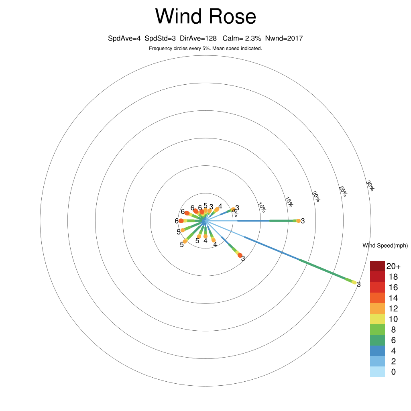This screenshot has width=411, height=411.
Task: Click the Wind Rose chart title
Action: pyautogui.click(x=205, y=16)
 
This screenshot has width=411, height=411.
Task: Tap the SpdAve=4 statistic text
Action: pyautogui.click(x=124, y=39)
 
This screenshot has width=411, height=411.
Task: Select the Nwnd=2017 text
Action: pyautogui.click(x=284, y=39)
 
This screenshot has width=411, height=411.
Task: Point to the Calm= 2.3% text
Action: pyautogui.click(x=242, y=39)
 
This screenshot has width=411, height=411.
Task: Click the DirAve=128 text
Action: pyautogui.click(x=198, y=39)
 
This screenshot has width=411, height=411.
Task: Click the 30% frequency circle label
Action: pyautogui.click(x=370, y=185)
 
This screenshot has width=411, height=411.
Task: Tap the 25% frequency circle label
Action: pyautogui.click(x=343, y=191)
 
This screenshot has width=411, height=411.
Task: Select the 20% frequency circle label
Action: pyautogui.click(x=316, y=197)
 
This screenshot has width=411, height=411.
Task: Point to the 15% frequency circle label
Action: pyautogui.click(x=289, y=202)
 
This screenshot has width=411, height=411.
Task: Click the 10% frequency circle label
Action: pyautogui.click(x=262, y=207)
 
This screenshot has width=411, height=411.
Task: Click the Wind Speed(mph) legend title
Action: pyautogui.click(x=385, y=246)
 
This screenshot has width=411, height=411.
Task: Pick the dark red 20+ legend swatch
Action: pyautogui.click(x=377, y=266)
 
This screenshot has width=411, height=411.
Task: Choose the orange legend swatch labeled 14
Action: pyautogui.click(x=377, y=298)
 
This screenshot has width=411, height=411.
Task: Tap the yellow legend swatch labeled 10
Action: pyautogui.click(x=377, y=319)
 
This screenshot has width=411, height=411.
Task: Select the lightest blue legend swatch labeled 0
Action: pyautogui.click(x=377, y=372)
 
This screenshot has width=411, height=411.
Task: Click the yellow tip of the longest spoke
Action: pyautogui.click(x=354, y=282)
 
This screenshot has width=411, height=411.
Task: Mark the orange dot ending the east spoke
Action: pyautogui.click(x=298, y=221)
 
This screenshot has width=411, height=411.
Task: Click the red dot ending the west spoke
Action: pyautogui.click(x=181, y=221)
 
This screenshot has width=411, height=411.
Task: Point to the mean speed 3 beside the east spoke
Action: pyautogui.click(x=303, y=221)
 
